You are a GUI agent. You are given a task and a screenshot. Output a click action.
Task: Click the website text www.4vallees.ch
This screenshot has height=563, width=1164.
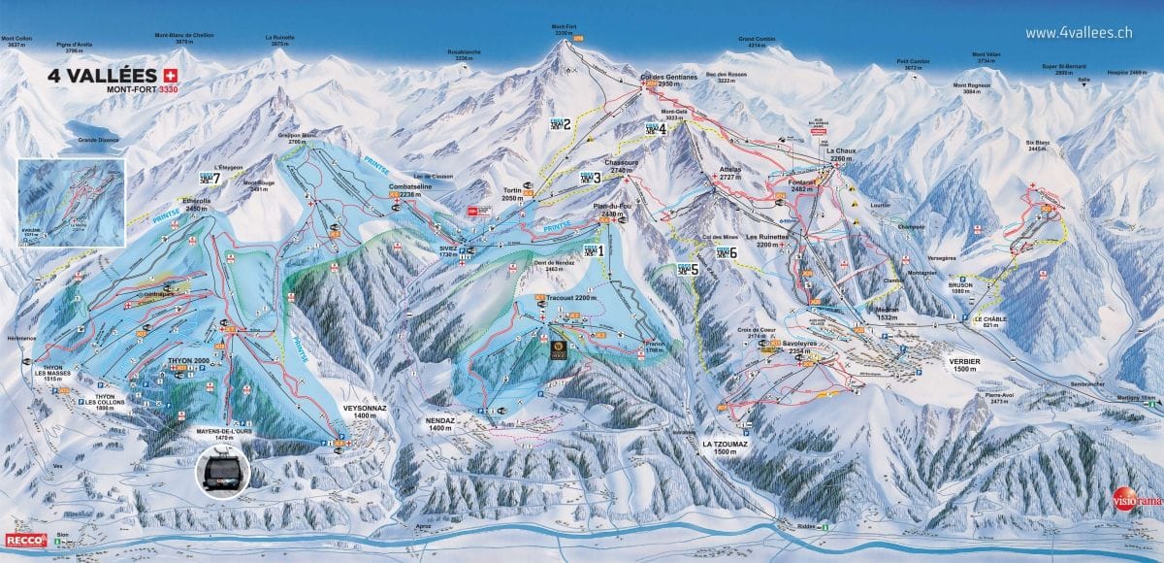pyautogui.click(x=1079, y=32)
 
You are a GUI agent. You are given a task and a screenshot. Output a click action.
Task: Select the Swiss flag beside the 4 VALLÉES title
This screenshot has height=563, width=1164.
pyautogui.click(x=172, y=75)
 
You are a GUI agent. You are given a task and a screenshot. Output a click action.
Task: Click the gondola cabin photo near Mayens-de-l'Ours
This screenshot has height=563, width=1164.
pyautogui.click(x=222, y=472)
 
